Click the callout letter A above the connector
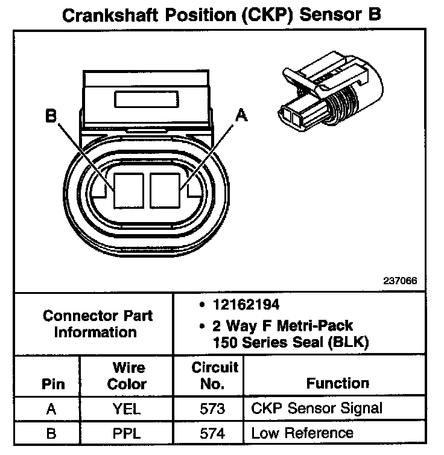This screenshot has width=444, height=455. (x=242, y=116)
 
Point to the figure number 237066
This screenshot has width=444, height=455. (x=400, y=281)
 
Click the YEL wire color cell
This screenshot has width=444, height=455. (x=126, y=409)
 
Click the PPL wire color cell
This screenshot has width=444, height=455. (x=126, y=433)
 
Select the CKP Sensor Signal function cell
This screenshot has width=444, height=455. (x=316, y=409)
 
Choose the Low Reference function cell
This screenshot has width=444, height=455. (x=302, y=433)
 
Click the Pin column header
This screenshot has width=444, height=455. (x=52, y=384)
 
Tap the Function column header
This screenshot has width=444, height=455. (x=337, y=383)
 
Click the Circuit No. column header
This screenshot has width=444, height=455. (x=215, y=375)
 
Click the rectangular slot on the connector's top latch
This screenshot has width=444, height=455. (x=147, y=100)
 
